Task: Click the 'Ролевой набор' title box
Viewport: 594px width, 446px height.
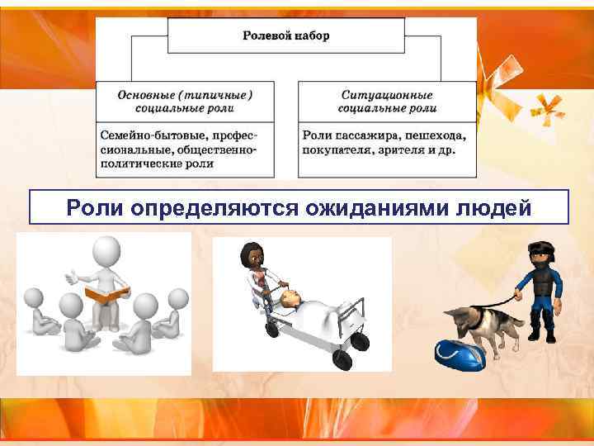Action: tap(286, 36)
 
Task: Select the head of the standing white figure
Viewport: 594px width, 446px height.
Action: tap(106, 250)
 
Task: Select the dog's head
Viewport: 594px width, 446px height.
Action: tap(456, 318)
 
